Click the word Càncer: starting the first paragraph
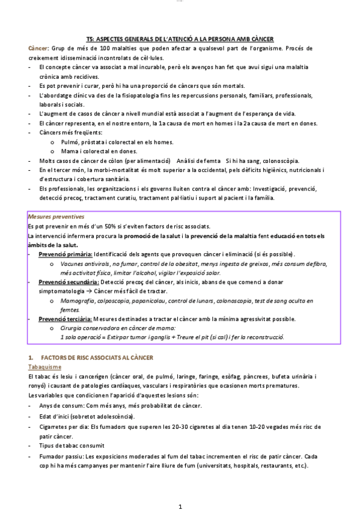(x=40, y=48)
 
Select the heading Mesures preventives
(x=56, y=216)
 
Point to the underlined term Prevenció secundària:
(x=67, y=281)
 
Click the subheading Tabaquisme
(x=44, y=366)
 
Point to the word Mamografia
(x=78, y=300)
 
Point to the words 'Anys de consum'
(x=59, y=406)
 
